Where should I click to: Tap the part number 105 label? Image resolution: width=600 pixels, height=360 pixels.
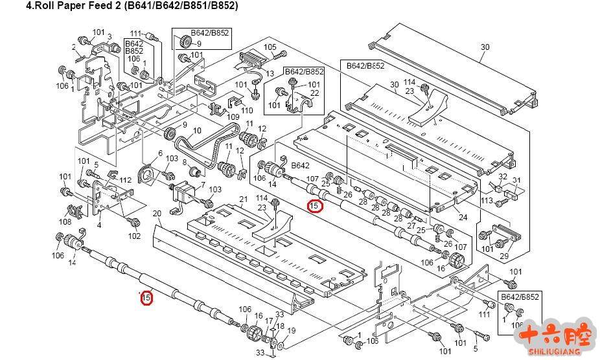pyautogui.click(x=270, y=47)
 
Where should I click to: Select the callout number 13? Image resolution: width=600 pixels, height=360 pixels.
pyautogui.click(x=270, y=73)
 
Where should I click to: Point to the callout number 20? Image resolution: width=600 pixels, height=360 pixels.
pyautogui.click(x=156, y=214)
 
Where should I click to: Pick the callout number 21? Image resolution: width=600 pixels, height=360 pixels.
pyautogui.click(x=244, y=199)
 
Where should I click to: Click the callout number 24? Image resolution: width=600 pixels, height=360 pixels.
pyautogui.click(x=463, y=217)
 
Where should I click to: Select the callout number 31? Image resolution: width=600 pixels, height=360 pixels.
pyautogui.click(x=516, y=180)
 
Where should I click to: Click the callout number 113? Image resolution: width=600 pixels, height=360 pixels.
pyautogui.click(x=487, y=200)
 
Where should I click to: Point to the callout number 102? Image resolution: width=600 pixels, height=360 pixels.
pyautogui.click(x=133, y=236)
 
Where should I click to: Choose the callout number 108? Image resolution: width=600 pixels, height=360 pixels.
pyautogui.click(x=65, y=222)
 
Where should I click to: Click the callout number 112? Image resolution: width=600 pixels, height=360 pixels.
pyautogui.click(x=125, y=180)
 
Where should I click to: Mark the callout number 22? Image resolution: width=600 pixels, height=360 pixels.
pyautogui.click(x=315, y=93)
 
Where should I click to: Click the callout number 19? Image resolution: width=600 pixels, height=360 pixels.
pyautogui.click(x=291, y=331)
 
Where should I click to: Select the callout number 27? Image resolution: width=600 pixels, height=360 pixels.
pyautogui.click(x=411, y=225)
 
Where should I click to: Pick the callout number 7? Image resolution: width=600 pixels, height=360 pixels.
pyautogui.click(x=203, y=185)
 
